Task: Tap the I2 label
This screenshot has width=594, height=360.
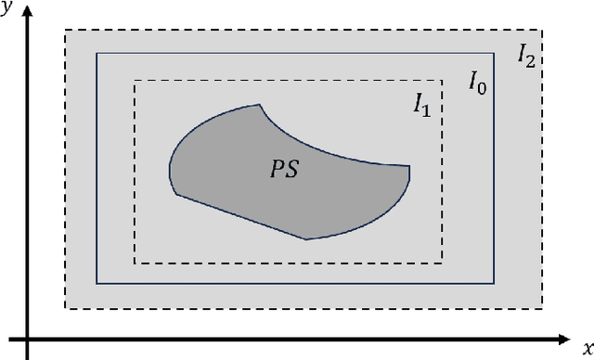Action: coord(525,56)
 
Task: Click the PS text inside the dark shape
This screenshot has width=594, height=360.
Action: coord(284,171)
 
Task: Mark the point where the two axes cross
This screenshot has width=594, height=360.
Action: coord(28,335)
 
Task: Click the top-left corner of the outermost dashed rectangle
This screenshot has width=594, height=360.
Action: coord(64,32)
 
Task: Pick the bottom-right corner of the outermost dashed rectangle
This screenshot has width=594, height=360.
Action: coord(542,308)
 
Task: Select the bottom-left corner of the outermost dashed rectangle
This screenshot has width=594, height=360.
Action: coord(64,308)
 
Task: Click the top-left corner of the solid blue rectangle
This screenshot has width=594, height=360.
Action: coord(97,53)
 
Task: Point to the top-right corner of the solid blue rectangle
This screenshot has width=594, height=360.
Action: coord(495,53)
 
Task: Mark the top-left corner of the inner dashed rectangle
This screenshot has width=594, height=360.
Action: coord(135,81)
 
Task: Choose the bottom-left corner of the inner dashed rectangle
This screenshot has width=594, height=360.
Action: coord(135,263)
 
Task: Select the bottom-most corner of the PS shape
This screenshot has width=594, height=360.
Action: coord(306,238)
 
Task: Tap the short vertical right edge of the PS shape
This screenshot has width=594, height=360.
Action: coord(409,173)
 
